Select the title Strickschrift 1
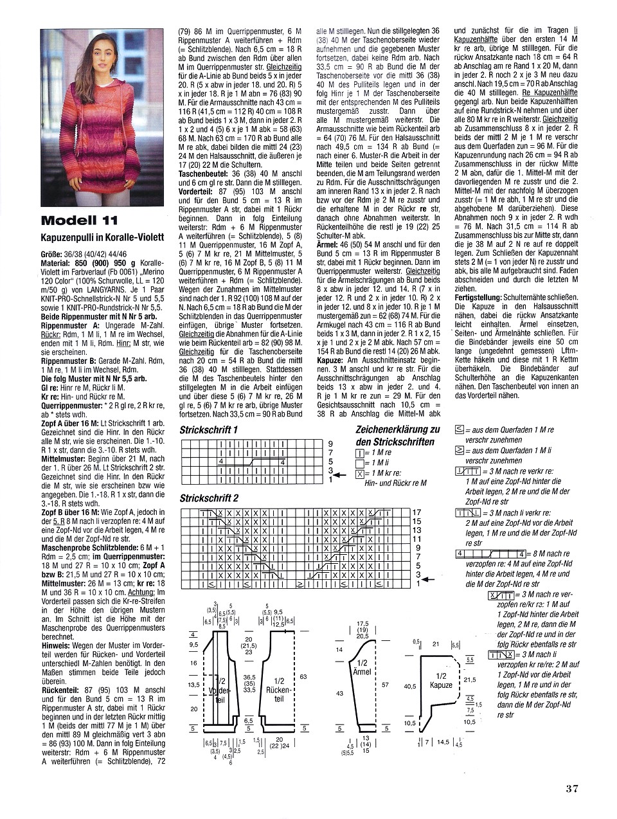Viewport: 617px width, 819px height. [208, 429]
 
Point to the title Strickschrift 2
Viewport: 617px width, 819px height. [209, 498]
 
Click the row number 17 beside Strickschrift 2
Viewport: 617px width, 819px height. [416, 512]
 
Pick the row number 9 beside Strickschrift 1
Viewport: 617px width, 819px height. [330, 444]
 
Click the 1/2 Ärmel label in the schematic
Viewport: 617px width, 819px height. [362, 667]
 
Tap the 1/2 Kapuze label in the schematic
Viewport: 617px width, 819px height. [442, 680]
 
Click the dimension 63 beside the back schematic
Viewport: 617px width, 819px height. [303, 676]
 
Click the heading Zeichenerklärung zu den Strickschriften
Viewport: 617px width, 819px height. [397, 436]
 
